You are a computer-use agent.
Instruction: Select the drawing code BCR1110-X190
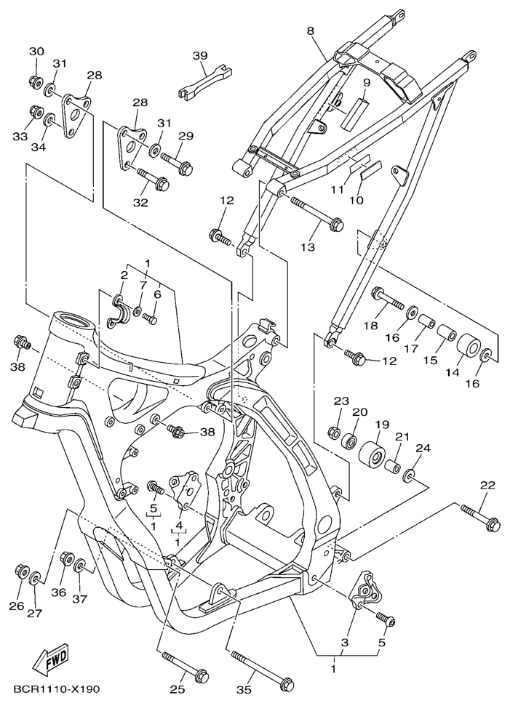coord(56,688)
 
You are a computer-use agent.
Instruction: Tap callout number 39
coord(201,56)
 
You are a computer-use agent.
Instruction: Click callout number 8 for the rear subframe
coord(311,31)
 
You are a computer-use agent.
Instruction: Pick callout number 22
coord(487,486)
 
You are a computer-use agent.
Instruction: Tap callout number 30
coord(36,51)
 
